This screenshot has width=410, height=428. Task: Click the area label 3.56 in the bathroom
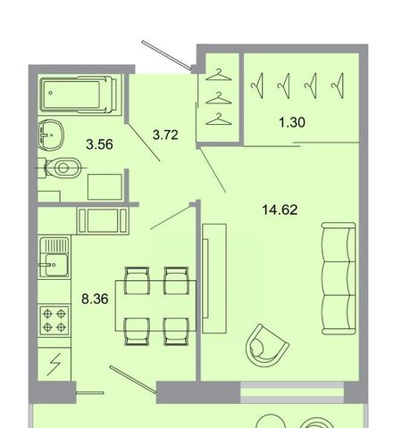coord(99,144)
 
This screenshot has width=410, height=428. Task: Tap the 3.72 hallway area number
coord(165,135)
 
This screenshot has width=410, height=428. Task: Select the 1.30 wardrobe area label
coord(292,122)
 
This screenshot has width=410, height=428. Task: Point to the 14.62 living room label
coord(280,210)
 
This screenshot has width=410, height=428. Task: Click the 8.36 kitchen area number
coord(95,299)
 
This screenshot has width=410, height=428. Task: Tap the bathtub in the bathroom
coord(78,95)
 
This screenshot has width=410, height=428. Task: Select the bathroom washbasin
coord(51,136)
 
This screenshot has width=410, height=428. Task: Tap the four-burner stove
coord(54,320)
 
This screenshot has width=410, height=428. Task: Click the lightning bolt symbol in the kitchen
coord(54,364)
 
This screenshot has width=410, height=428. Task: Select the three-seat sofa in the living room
coord(339,279)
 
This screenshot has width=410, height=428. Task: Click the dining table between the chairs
coord(155,306)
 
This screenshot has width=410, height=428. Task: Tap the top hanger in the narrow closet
coord(219,76)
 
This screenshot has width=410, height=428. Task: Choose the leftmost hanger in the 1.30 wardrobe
coord(258,86)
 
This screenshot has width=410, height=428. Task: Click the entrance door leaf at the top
coord(167,55)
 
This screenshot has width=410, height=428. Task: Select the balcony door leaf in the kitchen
coord(133,380)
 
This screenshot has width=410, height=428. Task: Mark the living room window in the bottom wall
coord(292,392)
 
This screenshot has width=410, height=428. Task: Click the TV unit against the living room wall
coord(214,278)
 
